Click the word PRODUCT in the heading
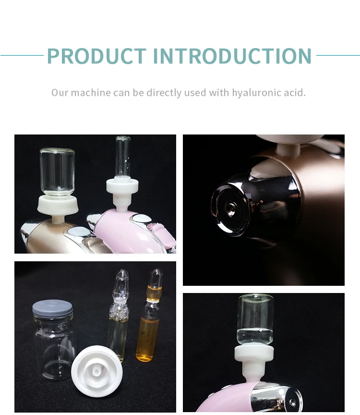click(96, 56)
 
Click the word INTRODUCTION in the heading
click(232, 56)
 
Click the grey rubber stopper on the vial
click(52, 308)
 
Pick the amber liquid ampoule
click(149, 315)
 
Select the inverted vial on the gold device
click(57, 171)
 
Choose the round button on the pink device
click(142, 218)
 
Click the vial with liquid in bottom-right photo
click(255, 320)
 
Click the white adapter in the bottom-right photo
click(254, 362)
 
